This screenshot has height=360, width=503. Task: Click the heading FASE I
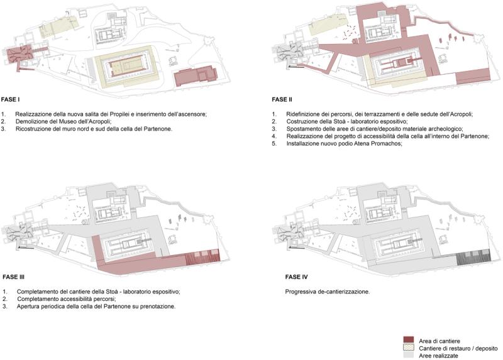[10, 99]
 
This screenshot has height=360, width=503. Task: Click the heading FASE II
[282, 99]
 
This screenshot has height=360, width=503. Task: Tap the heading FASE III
[13, 277]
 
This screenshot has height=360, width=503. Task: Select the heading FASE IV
[296, 277]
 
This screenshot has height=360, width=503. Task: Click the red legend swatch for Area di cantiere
[408, 340]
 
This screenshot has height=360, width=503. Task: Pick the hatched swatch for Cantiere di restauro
[408, 347]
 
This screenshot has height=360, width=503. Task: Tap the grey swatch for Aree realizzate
[408, 355]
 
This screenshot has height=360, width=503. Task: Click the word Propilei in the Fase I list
[119, 114]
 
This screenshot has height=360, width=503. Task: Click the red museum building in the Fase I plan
[196, 76]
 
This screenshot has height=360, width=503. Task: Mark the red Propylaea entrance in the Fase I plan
[19, 55]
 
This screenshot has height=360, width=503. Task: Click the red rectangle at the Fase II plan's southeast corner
[473, 77]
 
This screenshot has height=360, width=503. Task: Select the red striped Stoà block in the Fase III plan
[202, 256]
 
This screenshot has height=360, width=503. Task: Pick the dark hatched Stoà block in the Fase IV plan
[473, 256]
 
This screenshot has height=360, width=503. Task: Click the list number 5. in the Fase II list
[274, 144]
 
